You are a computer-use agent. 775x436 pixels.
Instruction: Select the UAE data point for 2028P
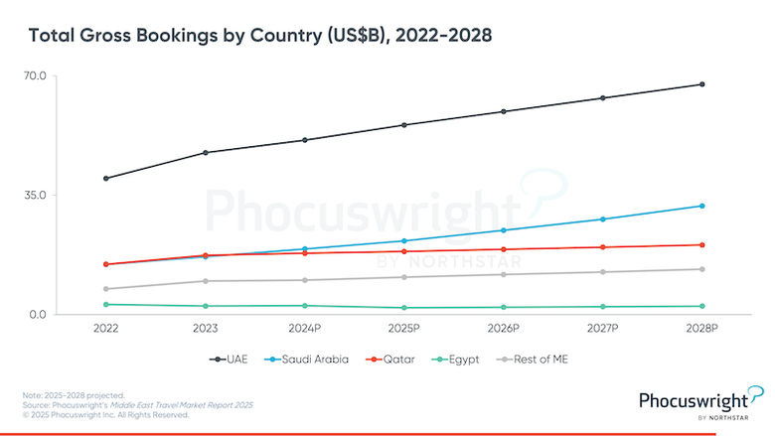[x=702, y=84]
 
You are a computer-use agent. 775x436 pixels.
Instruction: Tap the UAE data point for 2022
[x=105, y=179]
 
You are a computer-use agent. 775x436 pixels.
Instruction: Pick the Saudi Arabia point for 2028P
[x=702, y=206]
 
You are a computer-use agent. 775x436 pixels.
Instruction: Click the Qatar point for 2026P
[x=504, y=249]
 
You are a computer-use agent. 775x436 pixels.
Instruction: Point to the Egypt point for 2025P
[x=404, y=308]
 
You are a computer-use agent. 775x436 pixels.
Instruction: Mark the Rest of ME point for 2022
[x=105, y=289]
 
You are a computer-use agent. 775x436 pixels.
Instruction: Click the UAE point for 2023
[x=205, y=153]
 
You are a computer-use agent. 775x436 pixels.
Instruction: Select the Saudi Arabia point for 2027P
[x=603, y=219]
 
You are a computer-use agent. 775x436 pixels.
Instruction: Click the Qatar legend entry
[x=395, y=359]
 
